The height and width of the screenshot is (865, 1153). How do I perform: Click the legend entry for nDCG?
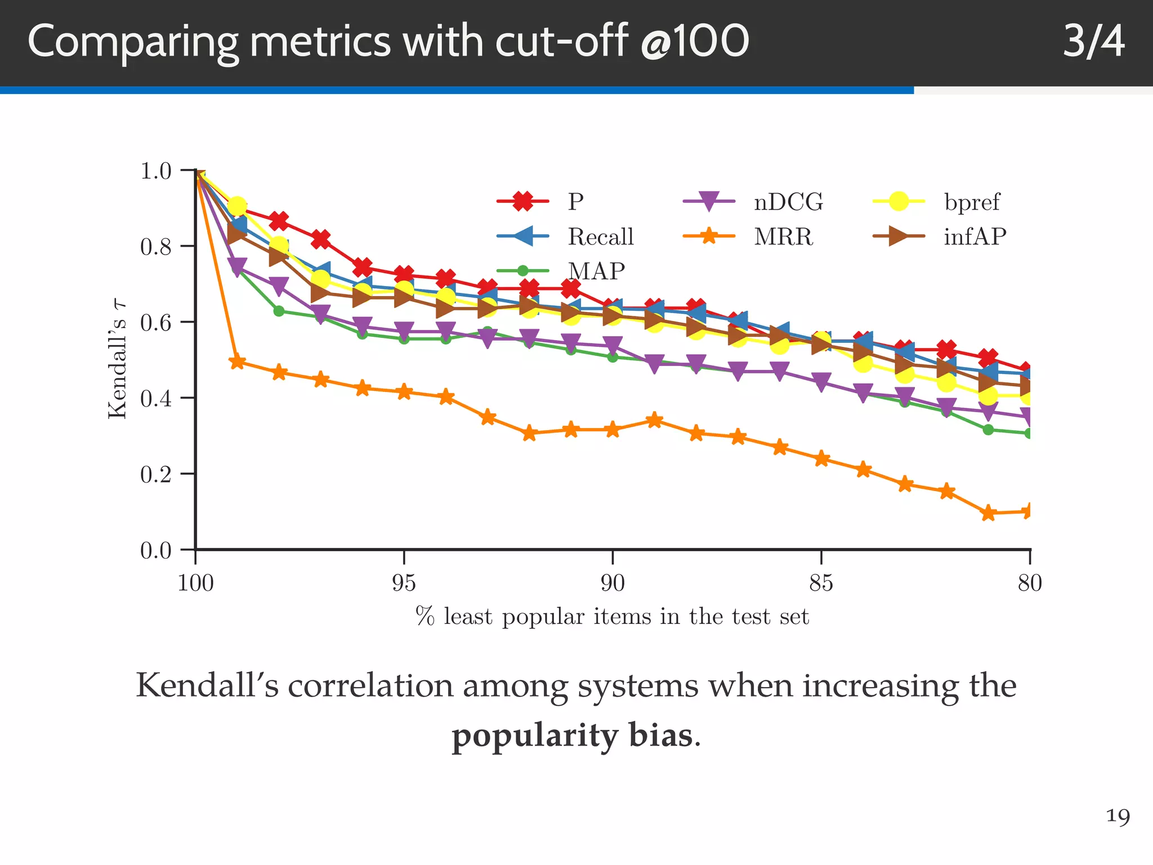pyautogui.click(x=788, y=202)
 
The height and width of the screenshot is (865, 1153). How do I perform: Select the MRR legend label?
pyautogui.click(x=783, y=237)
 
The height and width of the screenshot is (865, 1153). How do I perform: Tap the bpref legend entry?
pyautogui.click(x=972, y=202)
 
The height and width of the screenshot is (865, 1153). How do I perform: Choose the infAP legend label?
pyautogui.click(x=975, y=237)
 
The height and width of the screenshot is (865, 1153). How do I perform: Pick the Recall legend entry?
pyautogui.click(x=600, y=237)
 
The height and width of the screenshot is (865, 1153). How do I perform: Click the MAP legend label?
pyautogui.click(x=597, y=271)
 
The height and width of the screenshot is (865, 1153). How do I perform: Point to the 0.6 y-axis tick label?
pyautogui.click(x=155, y=323)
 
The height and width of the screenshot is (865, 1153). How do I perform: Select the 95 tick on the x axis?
pyautogui.click(x=404, y=583)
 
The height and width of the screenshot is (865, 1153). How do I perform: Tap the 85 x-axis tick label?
pyautogui.click(x=821, y=583)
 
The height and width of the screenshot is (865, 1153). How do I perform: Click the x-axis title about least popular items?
pyautogui.click(x=612, y=617)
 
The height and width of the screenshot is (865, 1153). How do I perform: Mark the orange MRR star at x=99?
pyautogui.click(x=238, y=362)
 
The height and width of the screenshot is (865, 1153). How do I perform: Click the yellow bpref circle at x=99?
pyautogui.click(x=238, y=206)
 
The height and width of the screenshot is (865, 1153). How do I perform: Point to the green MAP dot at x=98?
pyautogui.click(x=279, y=311)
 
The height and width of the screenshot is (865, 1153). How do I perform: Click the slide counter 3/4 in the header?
pyautogui.click(x=1093, y=42)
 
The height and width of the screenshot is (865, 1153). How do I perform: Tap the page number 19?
pyautogui.click(x=1118, y=816)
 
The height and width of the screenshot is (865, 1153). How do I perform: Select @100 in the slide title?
pyautogui.click(x=695, y=42)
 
